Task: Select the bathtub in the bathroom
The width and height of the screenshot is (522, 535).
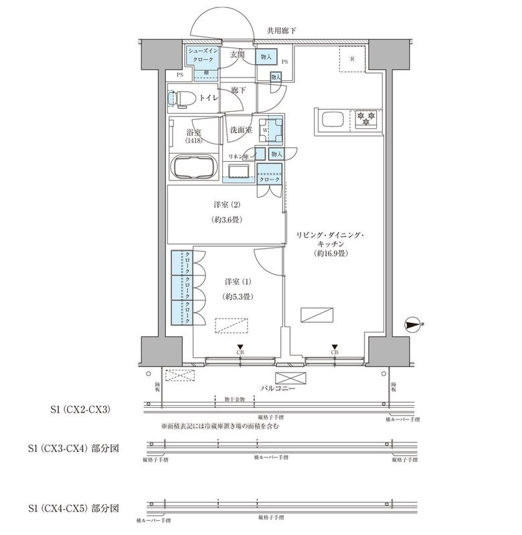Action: pos(194,167)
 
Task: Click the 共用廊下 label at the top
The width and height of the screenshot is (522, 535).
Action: pos(281,31)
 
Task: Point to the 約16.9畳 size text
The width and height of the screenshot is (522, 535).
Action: pos(329,254)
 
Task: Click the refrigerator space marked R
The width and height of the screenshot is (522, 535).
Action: pos(352,57)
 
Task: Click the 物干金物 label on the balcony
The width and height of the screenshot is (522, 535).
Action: pos(234,399)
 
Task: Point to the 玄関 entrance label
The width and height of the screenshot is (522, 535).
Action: pos(237,54)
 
